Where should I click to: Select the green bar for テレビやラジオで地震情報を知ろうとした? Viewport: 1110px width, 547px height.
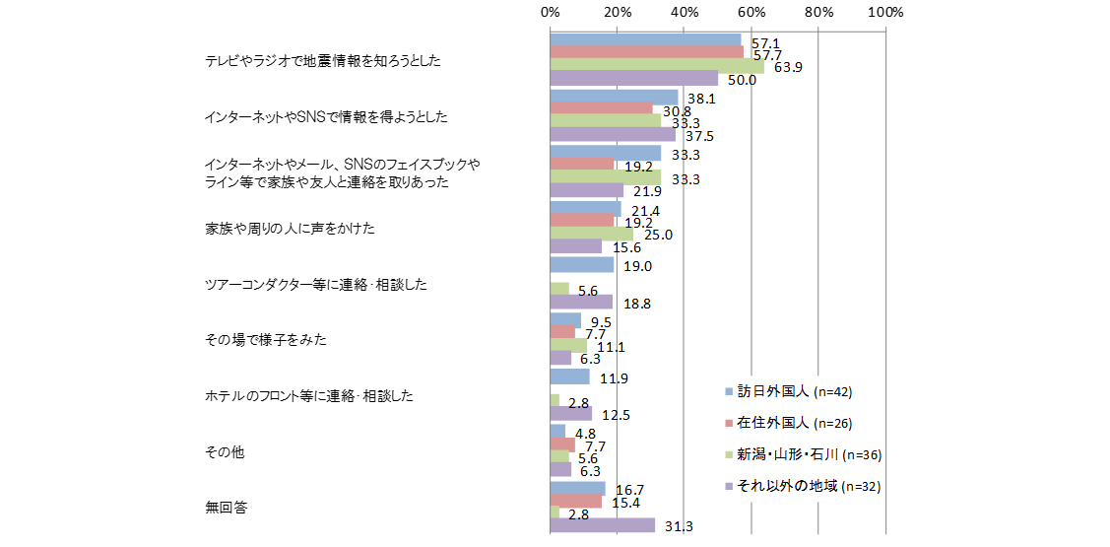point(657,67)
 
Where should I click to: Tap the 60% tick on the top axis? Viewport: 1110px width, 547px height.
point(751,13)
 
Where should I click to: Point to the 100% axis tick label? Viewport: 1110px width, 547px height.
point(885,13)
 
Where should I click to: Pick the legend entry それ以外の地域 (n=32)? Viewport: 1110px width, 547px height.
point(800,486)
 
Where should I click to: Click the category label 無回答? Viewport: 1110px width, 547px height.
point(227,509)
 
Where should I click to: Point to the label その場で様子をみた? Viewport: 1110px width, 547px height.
point(265,340)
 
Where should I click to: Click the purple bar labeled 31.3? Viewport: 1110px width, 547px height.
point(603,525)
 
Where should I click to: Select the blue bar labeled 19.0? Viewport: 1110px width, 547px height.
point(582,265)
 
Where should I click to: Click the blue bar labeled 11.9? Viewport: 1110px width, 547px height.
point(570,376)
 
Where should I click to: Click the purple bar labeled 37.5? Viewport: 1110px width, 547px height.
point(614,135)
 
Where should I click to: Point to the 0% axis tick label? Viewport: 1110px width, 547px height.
point(551,13)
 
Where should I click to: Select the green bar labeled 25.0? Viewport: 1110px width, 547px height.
point(592,235)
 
